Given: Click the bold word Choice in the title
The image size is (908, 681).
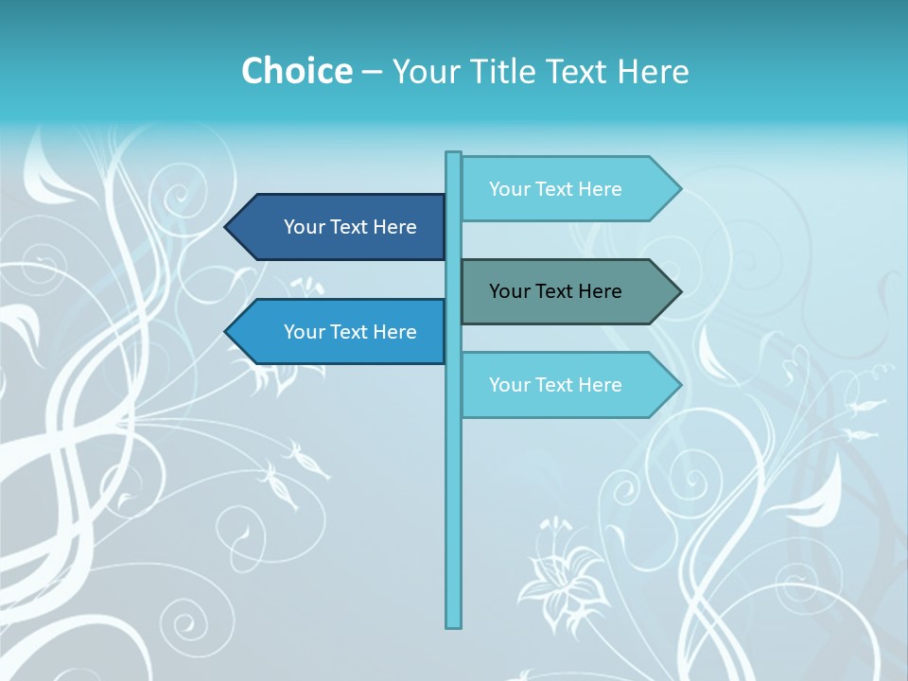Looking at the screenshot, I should coord(297,71).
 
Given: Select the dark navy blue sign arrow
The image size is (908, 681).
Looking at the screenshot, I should coord(340,227).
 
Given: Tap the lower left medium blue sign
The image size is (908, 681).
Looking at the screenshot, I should coord(340,332).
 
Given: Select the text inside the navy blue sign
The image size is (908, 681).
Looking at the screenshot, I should coord(350,227).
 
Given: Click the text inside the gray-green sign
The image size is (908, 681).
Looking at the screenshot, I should coord(555,291).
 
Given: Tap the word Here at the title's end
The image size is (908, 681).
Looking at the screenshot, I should coord(653,71).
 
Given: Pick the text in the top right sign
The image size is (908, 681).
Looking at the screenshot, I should coord(555,189).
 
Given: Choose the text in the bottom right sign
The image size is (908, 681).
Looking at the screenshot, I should coord(555,385).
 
